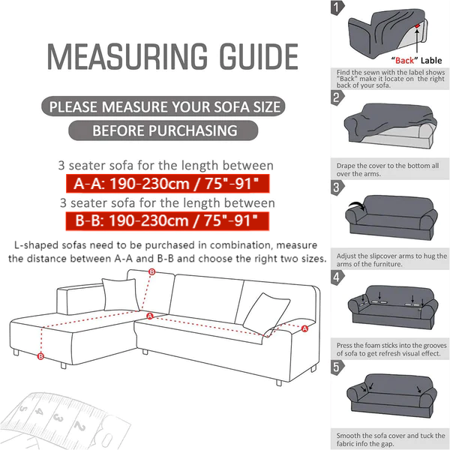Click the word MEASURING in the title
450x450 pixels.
127,56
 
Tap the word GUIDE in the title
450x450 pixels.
259,56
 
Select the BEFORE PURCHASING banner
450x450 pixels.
163,130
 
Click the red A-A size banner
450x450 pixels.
167,184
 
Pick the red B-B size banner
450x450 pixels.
167,221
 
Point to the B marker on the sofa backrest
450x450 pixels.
151,271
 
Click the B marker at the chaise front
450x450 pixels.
40,356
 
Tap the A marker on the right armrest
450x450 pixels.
304,328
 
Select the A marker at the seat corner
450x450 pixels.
150,316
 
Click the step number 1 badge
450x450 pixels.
337,7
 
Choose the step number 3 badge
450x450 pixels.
337,187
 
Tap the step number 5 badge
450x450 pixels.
337,367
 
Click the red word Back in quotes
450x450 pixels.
404,61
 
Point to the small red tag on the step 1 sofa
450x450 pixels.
417,25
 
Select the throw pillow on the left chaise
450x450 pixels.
121,295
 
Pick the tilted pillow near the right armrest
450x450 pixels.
266,314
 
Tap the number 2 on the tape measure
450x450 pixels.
80,426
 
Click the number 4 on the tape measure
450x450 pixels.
39,412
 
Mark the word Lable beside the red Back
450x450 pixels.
431,61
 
